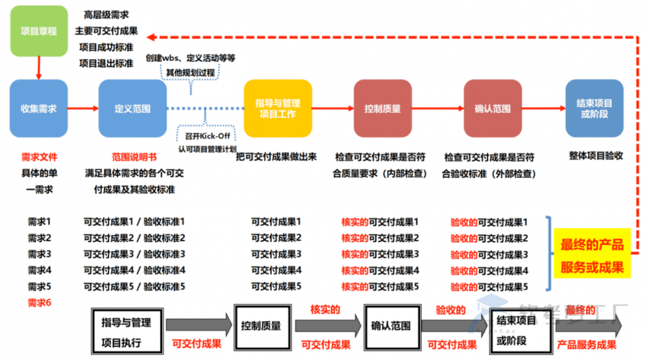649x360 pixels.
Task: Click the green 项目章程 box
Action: tap(38, 30)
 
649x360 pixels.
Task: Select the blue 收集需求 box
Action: tap(38, 108)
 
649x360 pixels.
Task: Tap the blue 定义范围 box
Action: tap(132, 108)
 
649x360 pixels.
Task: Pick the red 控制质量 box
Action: tap(382, 108)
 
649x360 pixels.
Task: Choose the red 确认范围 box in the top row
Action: tap(492, 108)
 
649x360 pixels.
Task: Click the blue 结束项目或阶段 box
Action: tap(594, 108)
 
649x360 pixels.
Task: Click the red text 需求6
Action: tap(39, 302)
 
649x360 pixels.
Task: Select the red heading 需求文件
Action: tap(39, 157)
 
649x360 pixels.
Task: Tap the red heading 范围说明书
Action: tap(134, 157)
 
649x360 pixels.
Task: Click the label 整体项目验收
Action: tap(596, 157)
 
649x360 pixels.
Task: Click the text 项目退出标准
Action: tap(106, 64)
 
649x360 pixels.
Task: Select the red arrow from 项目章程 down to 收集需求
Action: tap(39, 67)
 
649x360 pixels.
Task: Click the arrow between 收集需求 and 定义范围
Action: tap(83, 108)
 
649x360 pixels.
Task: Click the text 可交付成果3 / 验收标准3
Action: tap(134, 254)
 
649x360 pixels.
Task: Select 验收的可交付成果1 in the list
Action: tap(489, 222)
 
